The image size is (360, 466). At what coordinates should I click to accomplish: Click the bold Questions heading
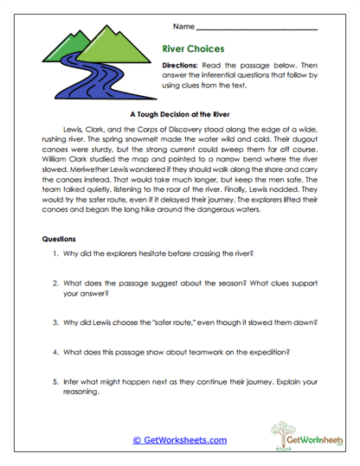click(x=60, y=238)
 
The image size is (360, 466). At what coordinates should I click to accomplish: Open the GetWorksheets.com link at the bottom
click(x=179, y=440)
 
